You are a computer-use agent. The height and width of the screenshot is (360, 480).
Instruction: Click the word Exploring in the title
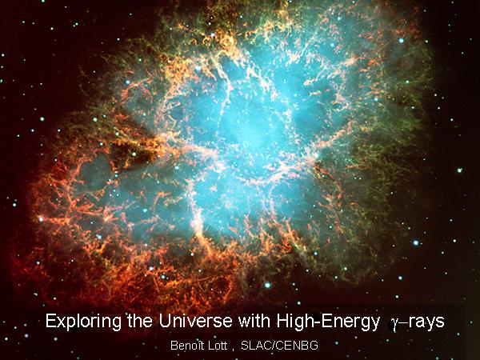pyautogui.click(x=84, y=322)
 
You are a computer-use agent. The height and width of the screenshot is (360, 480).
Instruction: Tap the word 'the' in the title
pyautogui.click(x=140, y=321)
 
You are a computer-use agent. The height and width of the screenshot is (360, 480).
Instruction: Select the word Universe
pyautogui.click(x=196, y=321)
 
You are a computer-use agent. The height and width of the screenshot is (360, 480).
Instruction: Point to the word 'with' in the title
pyautogui.click(x=254, y=321)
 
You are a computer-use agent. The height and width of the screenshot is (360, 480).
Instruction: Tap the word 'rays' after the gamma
pyautogui.click(x=426, y=323)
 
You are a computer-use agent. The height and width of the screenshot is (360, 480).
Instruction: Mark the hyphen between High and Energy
pyautogui.click(x=312, y=323)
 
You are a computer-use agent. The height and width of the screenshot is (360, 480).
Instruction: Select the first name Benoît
pyautogui.click(x=186, y=346)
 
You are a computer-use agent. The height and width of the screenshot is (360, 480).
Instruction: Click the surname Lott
pyautogui.click(x=218, y=346)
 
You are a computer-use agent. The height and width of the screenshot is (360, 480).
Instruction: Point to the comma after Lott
pyautogui.click(x=233, y=350)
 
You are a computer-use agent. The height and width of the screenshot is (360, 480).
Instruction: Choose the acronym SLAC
pyautogui.click(x=254, y=346)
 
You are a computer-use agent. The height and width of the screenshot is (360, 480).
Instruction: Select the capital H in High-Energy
pyautogui.click(x=282, y=321)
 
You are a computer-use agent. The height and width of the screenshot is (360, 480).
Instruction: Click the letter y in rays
pyautogui.click(x=430, y=325)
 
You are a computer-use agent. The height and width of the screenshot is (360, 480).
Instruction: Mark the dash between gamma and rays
pyautogui.click(x=404, y=323)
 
